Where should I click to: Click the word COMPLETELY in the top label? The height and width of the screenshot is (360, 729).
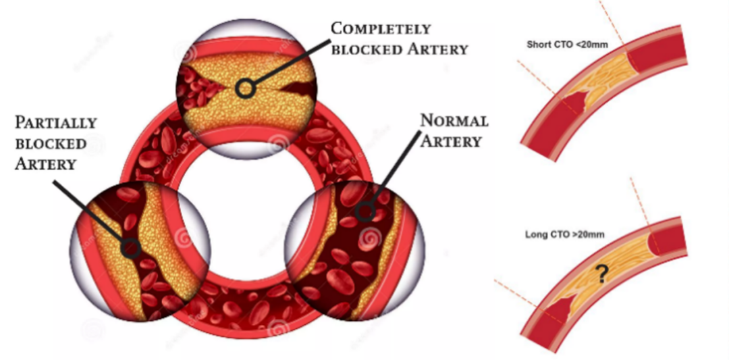pos(380,29)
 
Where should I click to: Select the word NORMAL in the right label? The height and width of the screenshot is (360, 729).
pos(454,122)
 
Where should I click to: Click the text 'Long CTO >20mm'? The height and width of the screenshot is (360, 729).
pos(564,235)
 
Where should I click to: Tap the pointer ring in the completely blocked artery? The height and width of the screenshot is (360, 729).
pos(246,88)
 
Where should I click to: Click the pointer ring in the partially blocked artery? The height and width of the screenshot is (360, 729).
pos(130,249)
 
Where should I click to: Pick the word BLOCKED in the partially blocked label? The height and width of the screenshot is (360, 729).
pos(51,144)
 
